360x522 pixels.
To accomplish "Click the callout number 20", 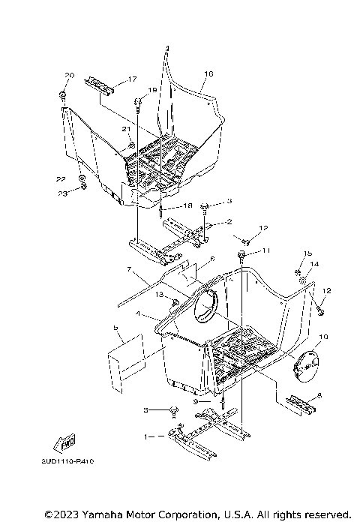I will [x=70, y=75].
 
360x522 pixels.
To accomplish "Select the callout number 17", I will [x=132, y=79].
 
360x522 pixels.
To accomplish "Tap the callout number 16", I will [x=208, y=73].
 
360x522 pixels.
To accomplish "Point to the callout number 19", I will [x=152, y=90].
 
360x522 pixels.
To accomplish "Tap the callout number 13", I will [x=160, y=295].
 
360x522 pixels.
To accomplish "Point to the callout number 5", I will [x=115, y=328].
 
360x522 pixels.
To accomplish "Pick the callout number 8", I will [x=319, y=396].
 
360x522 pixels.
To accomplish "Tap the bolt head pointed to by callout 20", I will [x=62, y=95].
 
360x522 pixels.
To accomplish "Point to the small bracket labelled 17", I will [x=100, y=85].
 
